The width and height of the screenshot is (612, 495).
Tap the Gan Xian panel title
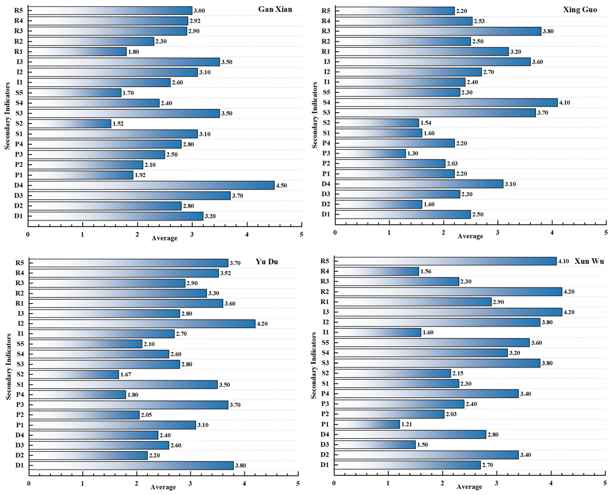275,9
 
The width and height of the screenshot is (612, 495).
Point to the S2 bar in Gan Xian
70,124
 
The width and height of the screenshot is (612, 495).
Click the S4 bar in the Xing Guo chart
446,102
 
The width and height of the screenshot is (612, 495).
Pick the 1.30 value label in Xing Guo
413,153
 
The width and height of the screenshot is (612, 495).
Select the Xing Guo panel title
580,10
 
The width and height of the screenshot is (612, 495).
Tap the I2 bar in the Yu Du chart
142,324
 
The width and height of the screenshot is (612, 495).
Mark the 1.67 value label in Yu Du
126,374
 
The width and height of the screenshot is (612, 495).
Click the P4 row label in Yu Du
20,395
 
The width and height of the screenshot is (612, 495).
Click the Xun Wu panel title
589,261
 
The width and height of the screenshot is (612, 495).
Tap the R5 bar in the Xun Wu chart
445,261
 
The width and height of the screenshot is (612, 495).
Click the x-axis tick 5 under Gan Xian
302,235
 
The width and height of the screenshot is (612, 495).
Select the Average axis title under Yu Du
163,487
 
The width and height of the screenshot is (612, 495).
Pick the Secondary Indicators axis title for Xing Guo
314,115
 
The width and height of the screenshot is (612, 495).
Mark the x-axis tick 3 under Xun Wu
497,483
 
